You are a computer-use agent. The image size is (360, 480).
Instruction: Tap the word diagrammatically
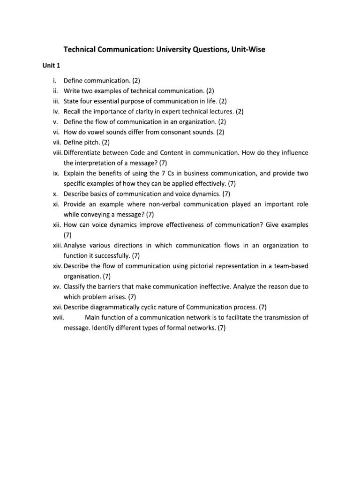(x=114, y=307)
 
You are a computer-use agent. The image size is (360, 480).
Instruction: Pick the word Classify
(x=75, y=286)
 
